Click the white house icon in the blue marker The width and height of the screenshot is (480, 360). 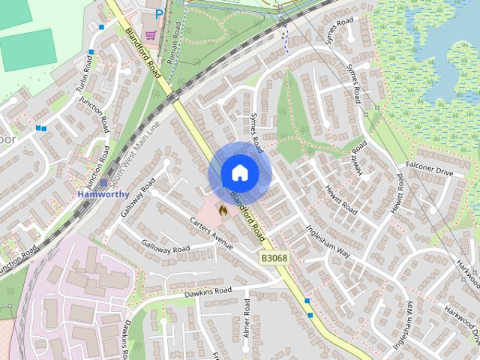[239, 172]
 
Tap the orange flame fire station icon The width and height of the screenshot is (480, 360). [222, 211]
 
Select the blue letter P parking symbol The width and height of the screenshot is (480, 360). [159, 14]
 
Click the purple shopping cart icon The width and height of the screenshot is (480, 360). [150, 34]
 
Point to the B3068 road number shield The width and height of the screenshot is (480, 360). [274, 258]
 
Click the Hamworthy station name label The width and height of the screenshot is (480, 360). [103, 194]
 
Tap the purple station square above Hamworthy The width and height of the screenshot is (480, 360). [103, 182]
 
